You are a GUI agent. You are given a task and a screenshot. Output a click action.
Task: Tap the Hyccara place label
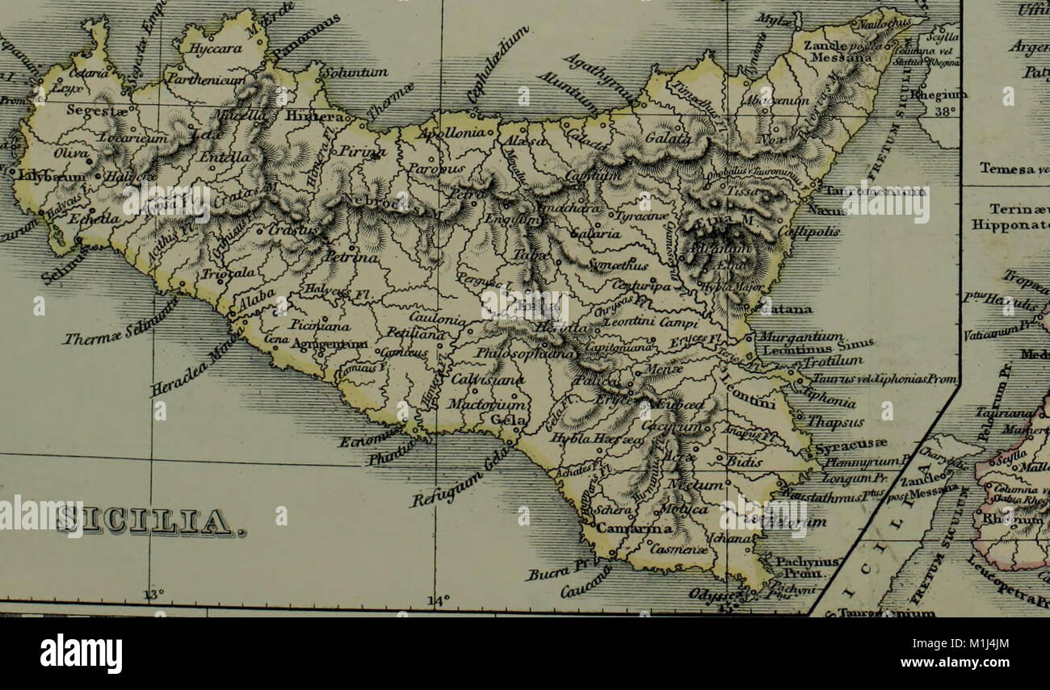pos(210,48)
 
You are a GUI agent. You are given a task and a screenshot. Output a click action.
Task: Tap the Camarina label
pos(633,529)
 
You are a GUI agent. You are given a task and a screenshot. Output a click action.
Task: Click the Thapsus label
pos(835,421)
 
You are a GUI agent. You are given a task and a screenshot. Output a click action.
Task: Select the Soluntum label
pos(355,73)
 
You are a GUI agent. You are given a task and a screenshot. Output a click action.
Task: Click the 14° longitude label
pos(437,600)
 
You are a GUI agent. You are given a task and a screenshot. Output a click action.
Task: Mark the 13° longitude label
pos(153,595)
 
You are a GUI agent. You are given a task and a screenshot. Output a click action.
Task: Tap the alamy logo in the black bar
pos(82,653)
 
